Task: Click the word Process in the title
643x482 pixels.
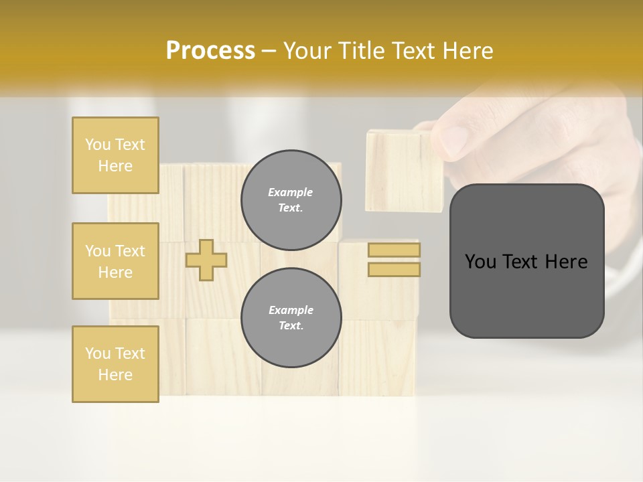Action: coord(210,51)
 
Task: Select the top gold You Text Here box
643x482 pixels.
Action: coord(115,155)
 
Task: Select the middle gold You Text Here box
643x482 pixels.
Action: coord(115,261)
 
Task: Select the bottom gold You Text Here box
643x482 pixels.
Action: coord(115,364)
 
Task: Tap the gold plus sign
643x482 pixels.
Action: coord(206,260)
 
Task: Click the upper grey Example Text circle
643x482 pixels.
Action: coord(291,199)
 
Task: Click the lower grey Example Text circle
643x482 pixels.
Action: coord(291,317)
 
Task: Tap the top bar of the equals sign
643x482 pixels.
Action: coord(394,250)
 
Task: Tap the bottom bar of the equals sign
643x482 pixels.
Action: coord(394,269)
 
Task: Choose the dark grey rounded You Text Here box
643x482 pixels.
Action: coord(526,261)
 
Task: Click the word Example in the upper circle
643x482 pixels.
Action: coord(291,192)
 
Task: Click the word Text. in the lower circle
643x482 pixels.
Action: coord(291,325)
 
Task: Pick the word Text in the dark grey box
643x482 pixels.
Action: coord(522,262)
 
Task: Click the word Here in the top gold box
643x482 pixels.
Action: coord(115,166)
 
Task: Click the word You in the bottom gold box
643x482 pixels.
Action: coord(97,353)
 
